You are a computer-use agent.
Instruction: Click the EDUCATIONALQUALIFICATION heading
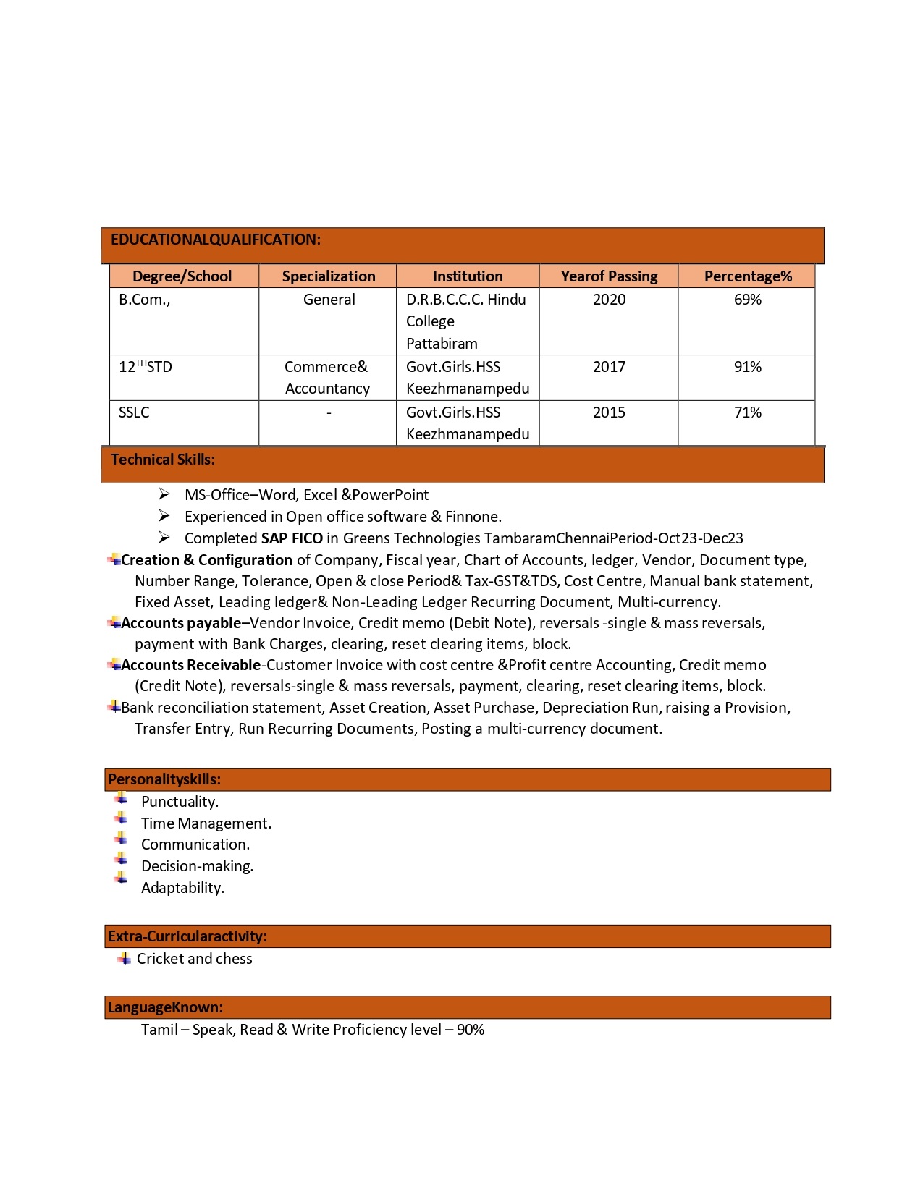coord(215,240)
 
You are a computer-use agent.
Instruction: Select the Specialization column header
coord(329,276)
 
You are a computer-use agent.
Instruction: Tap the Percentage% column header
coord(748,276)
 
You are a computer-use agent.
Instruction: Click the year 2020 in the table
coord(609,300)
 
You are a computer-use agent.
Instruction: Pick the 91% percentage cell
coord(748,367)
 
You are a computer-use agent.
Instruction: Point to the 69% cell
coord(748,300)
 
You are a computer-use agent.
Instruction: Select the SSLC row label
coord(134,412)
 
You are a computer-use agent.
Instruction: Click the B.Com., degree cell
coord(145,300)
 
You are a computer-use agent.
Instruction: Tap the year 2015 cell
coord(609,412)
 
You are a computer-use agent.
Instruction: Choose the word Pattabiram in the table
coord(442,344)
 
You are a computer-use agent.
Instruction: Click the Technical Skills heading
coord(163,460)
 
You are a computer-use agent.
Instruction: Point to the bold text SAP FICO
coord(292,538)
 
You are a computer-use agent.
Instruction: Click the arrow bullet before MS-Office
coord(164,494)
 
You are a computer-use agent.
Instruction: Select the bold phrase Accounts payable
coord(181,623)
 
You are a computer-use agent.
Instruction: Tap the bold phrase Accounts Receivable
coord(190,665)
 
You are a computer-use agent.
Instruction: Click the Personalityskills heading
coord(164,779)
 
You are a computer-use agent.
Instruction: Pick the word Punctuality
coord(180,802)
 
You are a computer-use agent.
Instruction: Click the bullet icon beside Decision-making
coord(121,859)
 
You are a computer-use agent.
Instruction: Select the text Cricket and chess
coord(195,959)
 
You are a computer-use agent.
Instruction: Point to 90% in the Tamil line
coord(471,1030)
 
